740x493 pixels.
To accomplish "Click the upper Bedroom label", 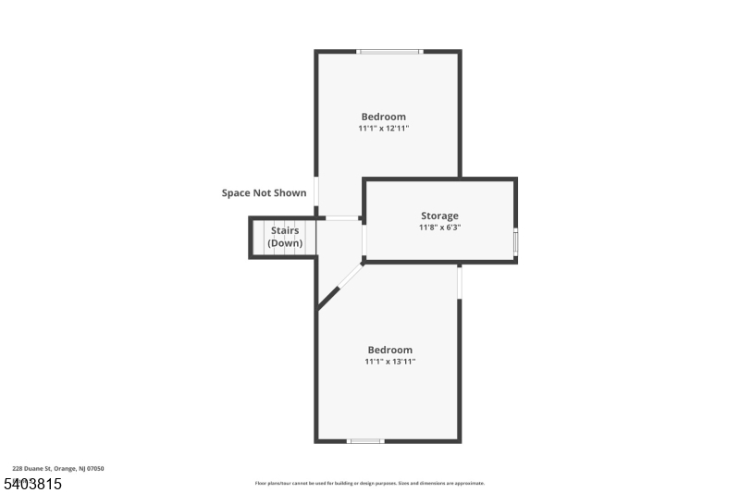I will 383,117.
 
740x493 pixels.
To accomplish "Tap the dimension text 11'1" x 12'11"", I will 383,129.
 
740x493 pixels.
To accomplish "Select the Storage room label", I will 439,216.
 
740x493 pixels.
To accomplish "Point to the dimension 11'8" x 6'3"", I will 439,228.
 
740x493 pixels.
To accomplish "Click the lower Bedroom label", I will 389,350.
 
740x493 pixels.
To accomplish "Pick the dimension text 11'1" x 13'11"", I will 389,362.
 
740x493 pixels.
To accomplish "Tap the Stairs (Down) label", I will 285,237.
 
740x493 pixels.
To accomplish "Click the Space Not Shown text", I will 264,193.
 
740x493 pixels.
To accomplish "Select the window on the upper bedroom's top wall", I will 390,52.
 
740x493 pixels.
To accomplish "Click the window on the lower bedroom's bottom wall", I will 365,440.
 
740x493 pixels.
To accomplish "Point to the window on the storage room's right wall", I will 515,240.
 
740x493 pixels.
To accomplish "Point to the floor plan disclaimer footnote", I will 369,483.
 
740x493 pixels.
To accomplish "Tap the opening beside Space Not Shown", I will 317,191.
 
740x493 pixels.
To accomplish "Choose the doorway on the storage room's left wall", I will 364,240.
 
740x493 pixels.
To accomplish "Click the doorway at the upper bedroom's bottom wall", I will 342,218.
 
